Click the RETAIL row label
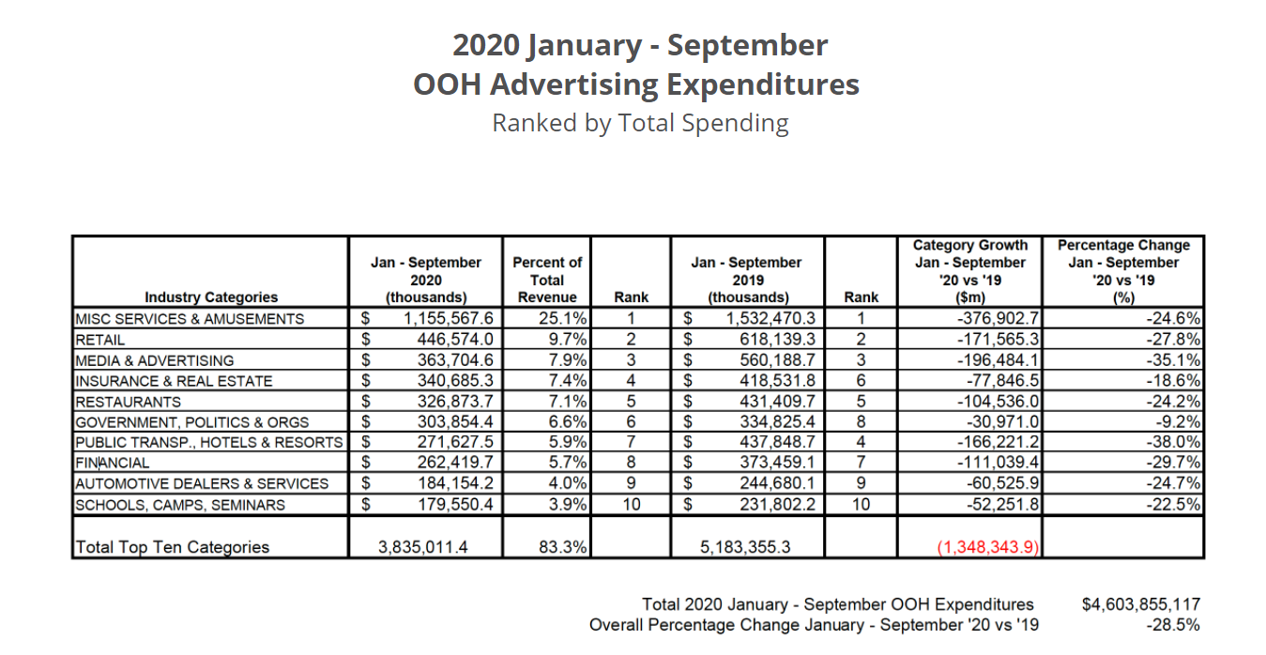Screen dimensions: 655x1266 pos(100,340)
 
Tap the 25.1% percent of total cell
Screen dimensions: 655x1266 pos(562,319)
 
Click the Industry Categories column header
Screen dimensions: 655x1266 pos(211,297)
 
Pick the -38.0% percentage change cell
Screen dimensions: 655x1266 pos(1172,442)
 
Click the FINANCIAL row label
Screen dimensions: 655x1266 pos(113,463)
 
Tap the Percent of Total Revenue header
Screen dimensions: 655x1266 pos(547,280)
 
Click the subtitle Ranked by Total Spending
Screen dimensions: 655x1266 pos(640,123)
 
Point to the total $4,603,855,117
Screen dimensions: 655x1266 pos(1140,604)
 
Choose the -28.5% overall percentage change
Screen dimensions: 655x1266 pos(1172,625)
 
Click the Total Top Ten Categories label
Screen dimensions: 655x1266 pos(172,547)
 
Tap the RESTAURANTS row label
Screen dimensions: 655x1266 pos(129,402)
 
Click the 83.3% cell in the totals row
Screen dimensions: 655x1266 pos(563,547)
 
